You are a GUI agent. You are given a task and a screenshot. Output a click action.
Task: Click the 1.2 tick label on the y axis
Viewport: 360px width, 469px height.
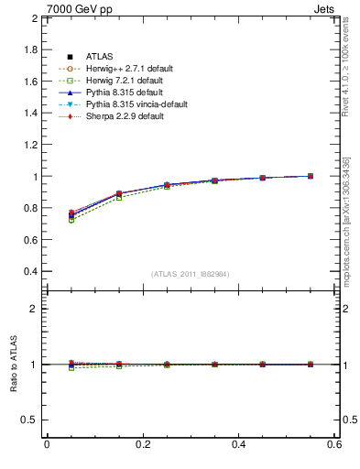(x=29, y=145)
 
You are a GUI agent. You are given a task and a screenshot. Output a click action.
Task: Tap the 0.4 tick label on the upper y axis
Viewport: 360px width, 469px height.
(x=29, y=272)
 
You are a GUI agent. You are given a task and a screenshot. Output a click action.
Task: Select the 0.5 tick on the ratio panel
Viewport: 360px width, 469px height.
(x=29, y=420)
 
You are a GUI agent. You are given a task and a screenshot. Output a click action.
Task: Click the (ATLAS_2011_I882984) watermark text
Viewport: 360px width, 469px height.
(x=190, y=274)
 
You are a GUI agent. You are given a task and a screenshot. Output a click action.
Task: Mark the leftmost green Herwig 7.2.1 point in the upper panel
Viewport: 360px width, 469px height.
(x=71, y=220)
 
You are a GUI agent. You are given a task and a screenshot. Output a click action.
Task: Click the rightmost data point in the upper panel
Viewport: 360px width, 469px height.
(x=311, y=176)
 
